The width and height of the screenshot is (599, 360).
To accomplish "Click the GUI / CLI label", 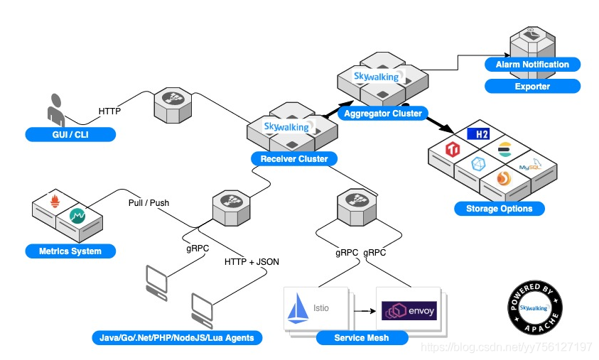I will coord(70,134).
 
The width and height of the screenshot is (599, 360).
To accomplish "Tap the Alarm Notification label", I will coord(532,65).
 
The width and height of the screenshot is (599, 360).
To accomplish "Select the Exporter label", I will coord(532,87).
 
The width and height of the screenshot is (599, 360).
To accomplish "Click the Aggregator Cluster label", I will coord(382,114).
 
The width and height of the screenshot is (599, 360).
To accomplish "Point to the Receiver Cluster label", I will coord(294,159).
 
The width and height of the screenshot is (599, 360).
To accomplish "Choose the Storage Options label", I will coord(499,209).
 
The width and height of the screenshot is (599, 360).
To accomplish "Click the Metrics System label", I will coord(70,251).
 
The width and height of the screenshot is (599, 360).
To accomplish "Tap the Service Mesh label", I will coord(362,337).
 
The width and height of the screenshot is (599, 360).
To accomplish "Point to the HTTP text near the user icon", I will coord(109,111).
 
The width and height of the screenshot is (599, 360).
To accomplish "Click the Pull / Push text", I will coord(149,202).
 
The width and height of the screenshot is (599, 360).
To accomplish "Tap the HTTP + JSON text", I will coord(252,261).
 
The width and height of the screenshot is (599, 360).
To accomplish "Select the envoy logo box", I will coord(408,310).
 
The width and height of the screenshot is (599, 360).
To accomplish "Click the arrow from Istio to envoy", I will coord(362,310).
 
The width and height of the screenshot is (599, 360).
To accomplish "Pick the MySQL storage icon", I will coord(529,165).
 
